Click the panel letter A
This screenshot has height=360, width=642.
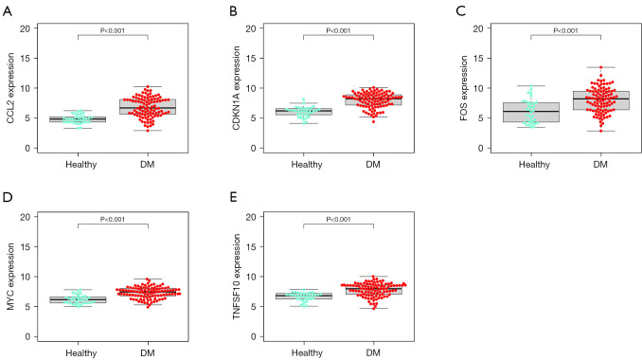pos(7,9)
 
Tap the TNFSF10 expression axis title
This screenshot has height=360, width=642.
pos(235,276)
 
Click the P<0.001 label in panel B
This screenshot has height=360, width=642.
pos(338,30)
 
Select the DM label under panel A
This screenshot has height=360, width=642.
pos(148,164)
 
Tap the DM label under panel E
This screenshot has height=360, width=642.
pos(373,351)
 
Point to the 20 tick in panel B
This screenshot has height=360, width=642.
pos(262,28)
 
